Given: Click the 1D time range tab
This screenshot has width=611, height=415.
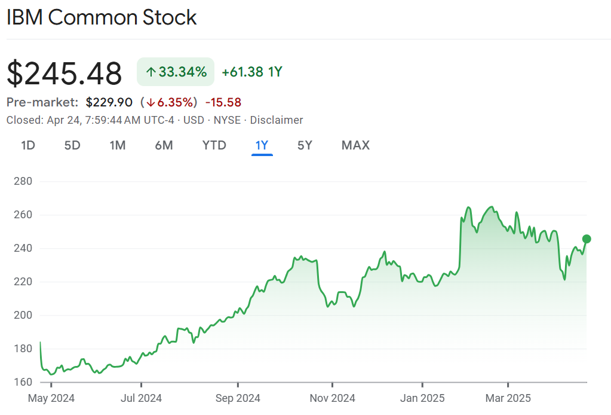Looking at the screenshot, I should pyautogui.click(x=28, y=145).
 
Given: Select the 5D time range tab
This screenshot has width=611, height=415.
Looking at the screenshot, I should pyautogui.click(x=72, y=145).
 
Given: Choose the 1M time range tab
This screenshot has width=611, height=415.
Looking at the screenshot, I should pyautogui.click(x=118, y=145).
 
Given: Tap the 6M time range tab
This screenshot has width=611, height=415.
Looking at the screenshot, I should pyautogui.click(x=164, y=145).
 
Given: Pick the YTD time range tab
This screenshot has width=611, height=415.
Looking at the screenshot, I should pyautogui.click(x=214, y=145).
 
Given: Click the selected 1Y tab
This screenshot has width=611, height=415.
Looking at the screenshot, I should pyautogui.click(x=262, y=145).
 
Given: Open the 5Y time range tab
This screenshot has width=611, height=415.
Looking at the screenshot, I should pyautogui.click(x=305, y=145).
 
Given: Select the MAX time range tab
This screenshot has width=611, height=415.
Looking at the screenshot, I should pyautogui.click(x=355, y=145).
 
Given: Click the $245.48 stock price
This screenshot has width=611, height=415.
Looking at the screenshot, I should pyautogui.click(x=65, y=74).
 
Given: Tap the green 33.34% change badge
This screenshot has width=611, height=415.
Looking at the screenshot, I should pyautogui.click(x=176, y=72).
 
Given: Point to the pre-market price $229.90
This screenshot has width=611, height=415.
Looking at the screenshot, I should pyautogui.click(x=109, y=102).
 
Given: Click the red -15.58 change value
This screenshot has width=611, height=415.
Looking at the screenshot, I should pyautogui.click(x=223, y=102).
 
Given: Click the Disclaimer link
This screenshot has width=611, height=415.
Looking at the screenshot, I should pyautogui.click(x=276, y=120).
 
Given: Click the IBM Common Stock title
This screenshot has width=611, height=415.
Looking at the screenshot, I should pyautogui.click(x=102, y=17).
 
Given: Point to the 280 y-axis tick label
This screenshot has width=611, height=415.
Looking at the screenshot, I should pyautogui.click(x=23, y=181).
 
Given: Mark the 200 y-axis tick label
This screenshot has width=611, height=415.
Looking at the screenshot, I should pyautogui.click(x=23, y=315).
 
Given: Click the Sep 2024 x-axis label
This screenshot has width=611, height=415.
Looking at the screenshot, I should pyautogui.click(x=238, y=398).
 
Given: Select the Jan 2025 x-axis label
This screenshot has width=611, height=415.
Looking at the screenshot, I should pyautogui.click(x=423, y=398).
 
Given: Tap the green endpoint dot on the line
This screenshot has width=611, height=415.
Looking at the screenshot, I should pyautogui.click(x=587, y=239).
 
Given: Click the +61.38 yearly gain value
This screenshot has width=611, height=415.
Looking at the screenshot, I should pyautogui.click(x=242, y=72).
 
